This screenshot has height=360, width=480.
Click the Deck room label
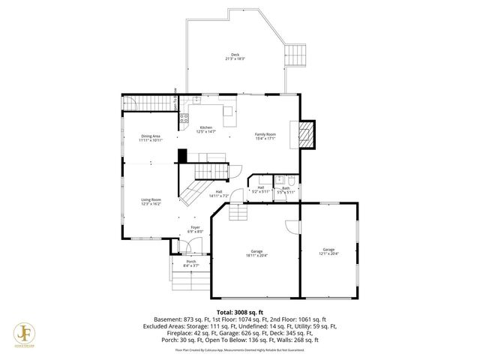[235, 56]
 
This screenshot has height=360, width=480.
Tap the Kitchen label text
[205, 129]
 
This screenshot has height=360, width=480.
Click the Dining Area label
[150, 137]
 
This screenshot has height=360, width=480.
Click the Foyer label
[194, 229]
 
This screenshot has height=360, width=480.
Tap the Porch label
[190, 262]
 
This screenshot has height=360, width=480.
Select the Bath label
[286, 190]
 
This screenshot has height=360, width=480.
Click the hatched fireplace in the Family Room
[306, 136]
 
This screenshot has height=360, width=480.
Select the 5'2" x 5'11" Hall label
[260, 190]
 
